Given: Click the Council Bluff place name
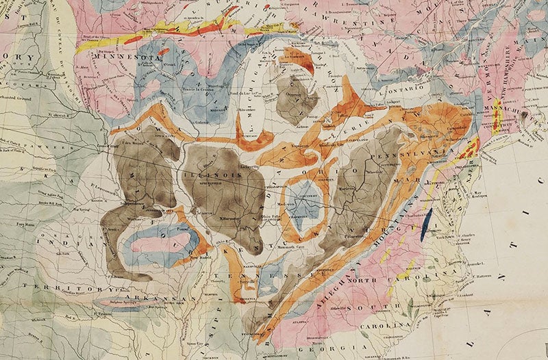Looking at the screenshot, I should (x=93, y=146).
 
